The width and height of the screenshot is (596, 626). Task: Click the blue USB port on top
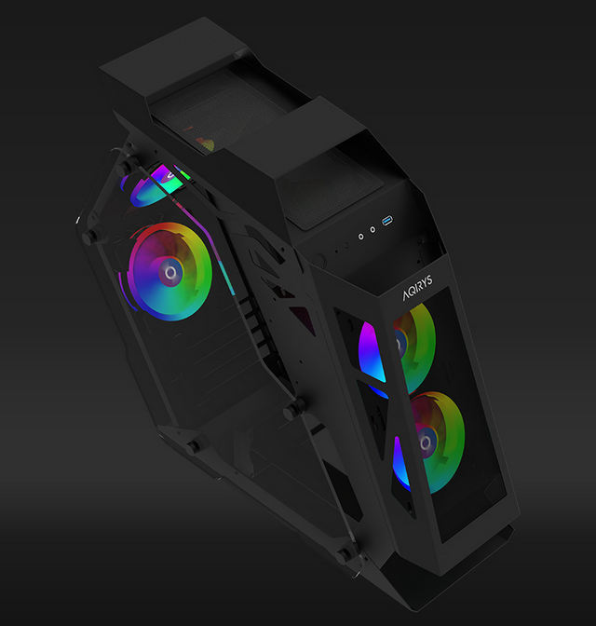(x=387, y=221)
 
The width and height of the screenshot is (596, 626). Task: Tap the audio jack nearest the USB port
(x=372, y=229)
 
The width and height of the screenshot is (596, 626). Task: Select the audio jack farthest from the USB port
(x=361, y=237)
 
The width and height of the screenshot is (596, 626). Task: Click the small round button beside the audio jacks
(x=346, y=246)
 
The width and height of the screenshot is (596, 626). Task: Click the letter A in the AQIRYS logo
(x=407, y=295)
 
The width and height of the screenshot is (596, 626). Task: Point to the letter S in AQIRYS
(x=428, y=279)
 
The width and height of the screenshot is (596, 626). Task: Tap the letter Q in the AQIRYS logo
(x=413, y=291)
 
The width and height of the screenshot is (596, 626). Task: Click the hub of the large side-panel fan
(x=170, y=273)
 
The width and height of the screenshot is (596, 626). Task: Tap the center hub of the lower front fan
(x=426, y=442)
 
